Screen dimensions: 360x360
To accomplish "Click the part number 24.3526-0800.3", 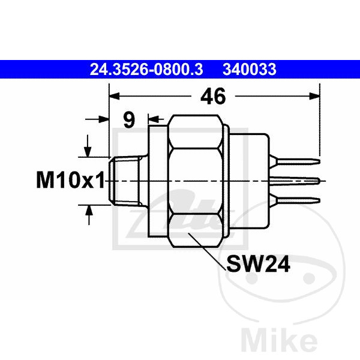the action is [146, 70].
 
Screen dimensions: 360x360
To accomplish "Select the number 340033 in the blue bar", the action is [250, 70].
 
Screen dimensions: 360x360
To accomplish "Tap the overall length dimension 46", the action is [213, 96].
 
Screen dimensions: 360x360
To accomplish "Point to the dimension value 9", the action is [129, 120].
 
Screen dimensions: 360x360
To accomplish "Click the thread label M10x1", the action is [70, 180].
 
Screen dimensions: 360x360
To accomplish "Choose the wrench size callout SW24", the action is [258, 264].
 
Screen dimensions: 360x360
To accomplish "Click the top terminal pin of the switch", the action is [295, 161].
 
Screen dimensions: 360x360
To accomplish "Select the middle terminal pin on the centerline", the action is [295, 181].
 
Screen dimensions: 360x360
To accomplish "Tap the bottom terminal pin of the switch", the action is [295, 200].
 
